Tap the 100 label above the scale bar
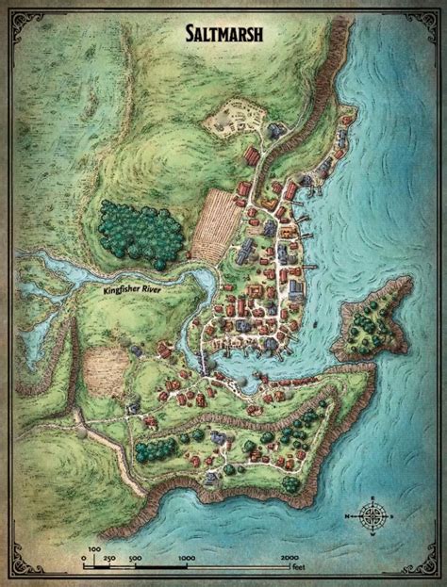point(94,546)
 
